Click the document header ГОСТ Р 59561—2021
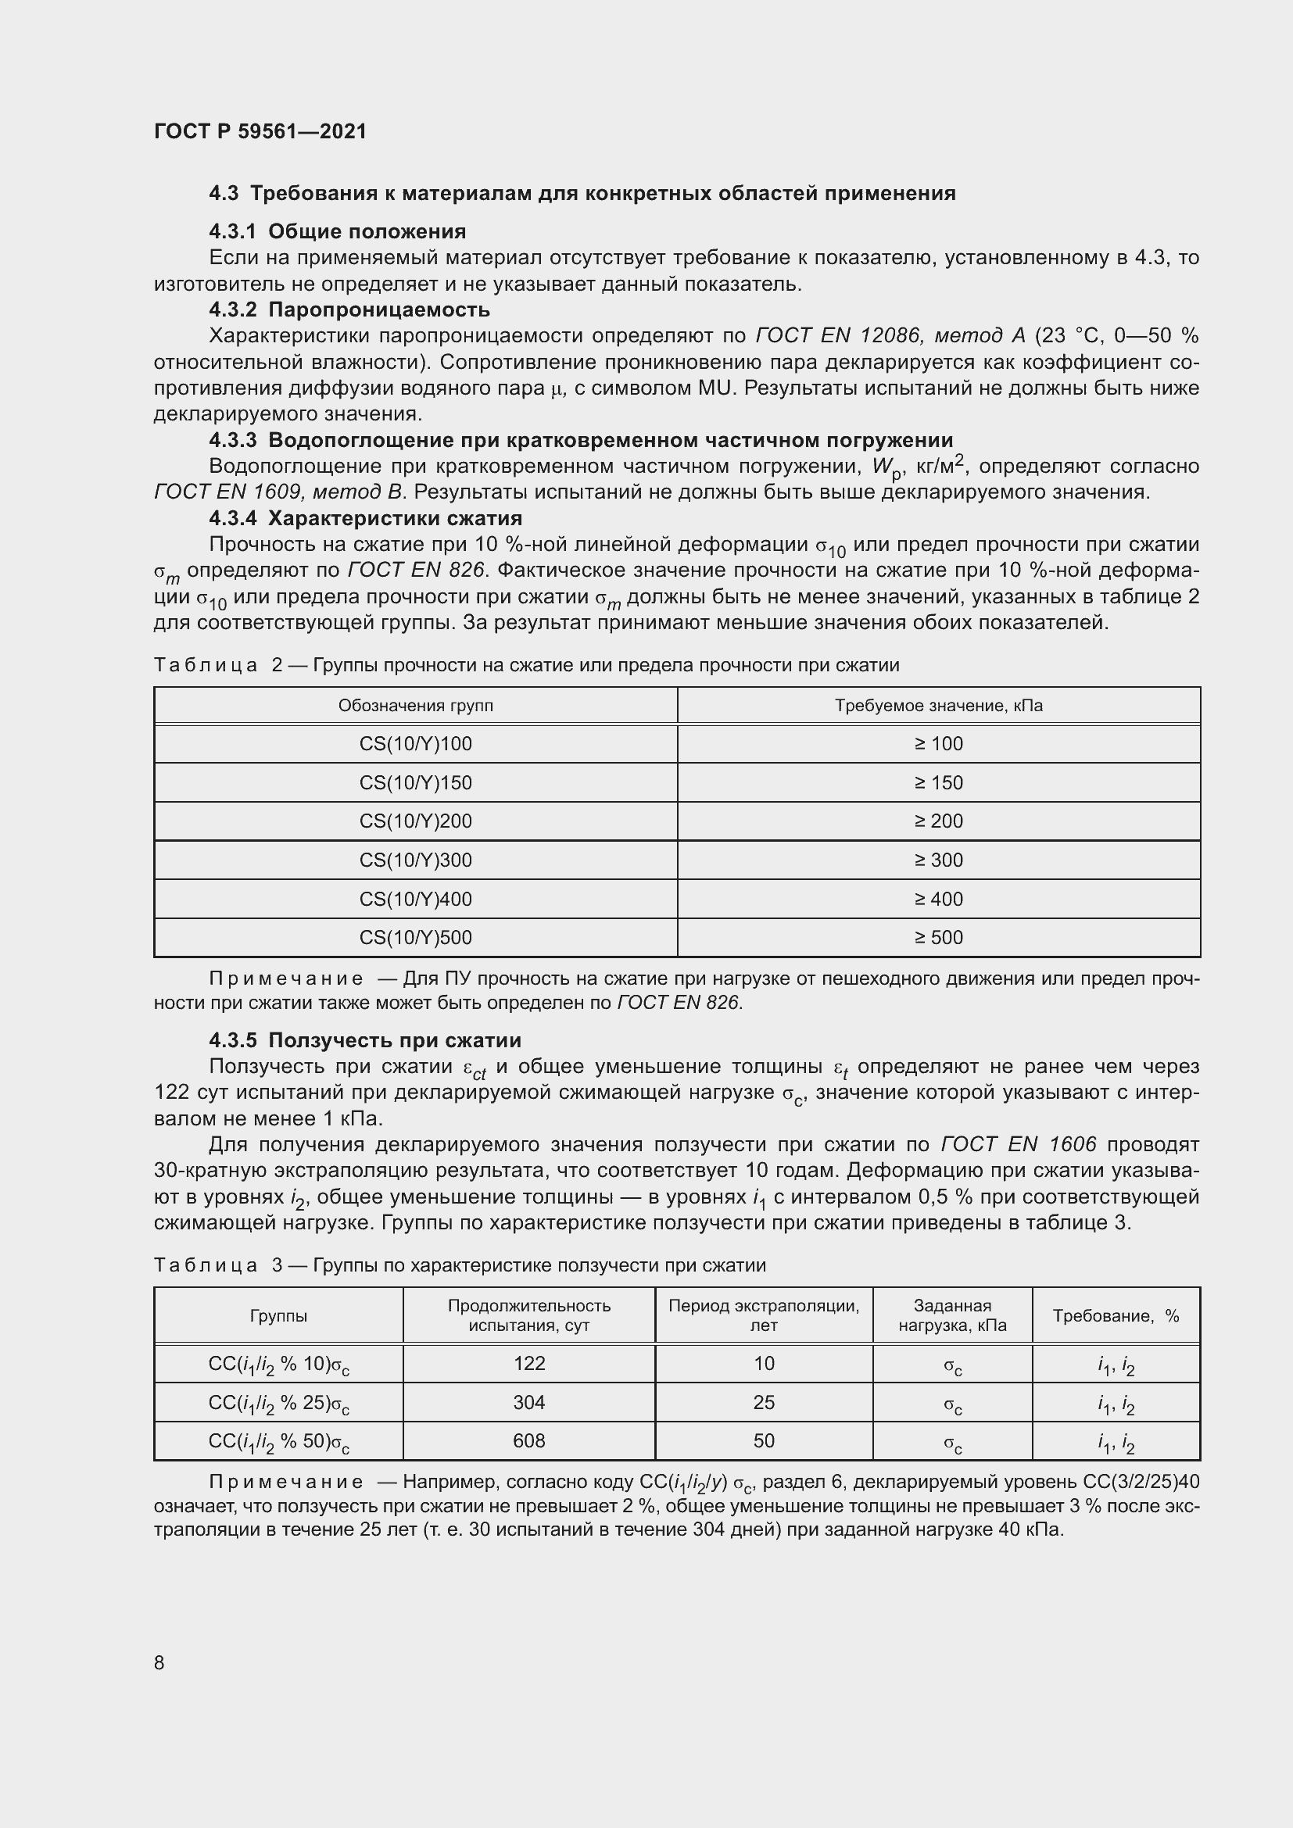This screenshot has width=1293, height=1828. pos(260,131)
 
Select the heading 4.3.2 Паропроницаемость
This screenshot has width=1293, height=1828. pos(349,309)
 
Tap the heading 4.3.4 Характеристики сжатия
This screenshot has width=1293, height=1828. pos(365,518)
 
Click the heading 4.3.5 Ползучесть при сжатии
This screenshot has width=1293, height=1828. pos(364,1040)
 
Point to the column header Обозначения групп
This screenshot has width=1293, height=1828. pos(416,707)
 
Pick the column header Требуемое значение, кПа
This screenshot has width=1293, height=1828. pos(939,707)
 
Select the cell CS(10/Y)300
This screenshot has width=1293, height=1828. pos(416,860)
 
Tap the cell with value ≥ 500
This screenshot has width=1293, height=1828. pos(939,938)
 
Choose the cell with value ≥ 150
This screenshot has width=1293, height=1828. pos(939,783)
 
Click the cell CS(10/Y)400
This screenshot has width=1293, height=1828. pos(416,900)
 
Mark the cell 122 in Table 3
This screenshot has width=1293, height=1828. pos(529,1364)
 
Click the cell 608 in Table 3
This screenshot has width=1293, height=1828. pos(529,1441)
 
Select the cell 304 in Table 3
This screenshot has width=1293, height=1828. pos(529,1403)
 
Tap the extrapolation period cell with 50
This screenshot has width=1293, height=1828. pos(764,1441)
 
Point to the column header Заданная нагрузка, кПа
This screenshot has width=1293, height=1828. pos(952,1315)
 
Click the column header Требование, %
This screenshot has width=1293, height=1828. pos(1116,1316)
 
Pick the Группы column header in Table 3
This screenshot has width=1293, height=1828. pos(278,1316)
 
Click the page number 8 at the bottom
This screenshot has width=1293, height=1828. pos(159,1663)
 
